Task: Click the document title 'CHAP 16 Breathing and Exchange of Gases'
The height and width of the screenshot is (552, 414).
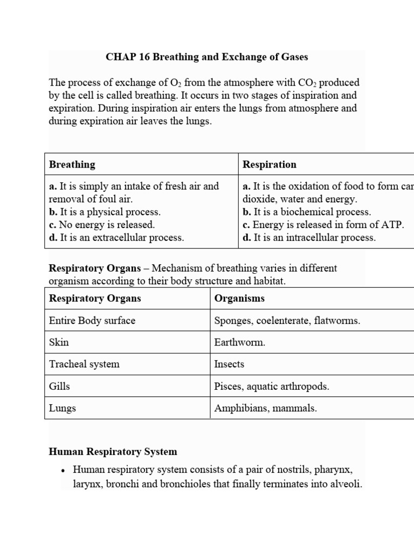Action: [207, 57]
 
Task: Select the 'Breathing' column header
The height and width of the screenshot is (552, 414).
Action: [72, 164]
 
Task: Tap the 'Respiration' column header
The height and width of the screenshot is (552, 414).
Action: [270, 164]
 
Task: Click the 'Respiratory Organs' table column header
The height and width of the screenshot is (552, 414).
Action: [95, 298]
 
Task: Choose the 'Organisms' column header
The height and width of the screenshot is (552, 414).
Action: [239, 298]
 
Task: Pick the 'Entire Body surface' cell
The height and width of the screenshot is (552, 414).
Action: [92, 320]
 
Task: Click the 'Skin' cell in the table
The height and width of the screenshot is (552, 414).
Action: [59, 342]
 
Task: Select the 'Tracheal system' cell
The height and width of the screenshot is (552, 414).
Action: [84, 364]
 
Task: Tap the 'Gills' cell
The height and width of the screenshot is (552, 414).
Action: [59, 387]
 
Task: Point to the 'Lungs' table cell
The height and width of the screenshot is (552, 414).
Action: [63, 408]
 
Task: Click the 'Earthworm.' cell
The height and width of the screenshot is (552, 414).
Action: [240, 342]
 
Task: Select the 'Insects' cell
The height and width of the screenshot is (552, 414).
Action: [229, 364]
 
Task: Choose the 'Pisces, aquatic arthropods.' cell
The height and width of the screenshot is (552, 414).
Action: [272, 387]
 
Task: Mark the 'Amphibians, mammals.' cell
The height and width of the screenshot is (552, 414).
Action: [266, 408]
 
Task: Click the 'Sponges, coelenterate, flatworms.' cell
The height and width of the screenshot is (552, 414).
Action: [287, 320]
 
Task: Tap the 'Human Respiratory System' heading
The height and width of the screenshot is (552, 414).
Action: [113, 452]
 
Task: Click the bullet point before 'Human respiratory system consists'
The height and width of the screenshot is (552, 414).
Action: [63, 471]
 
